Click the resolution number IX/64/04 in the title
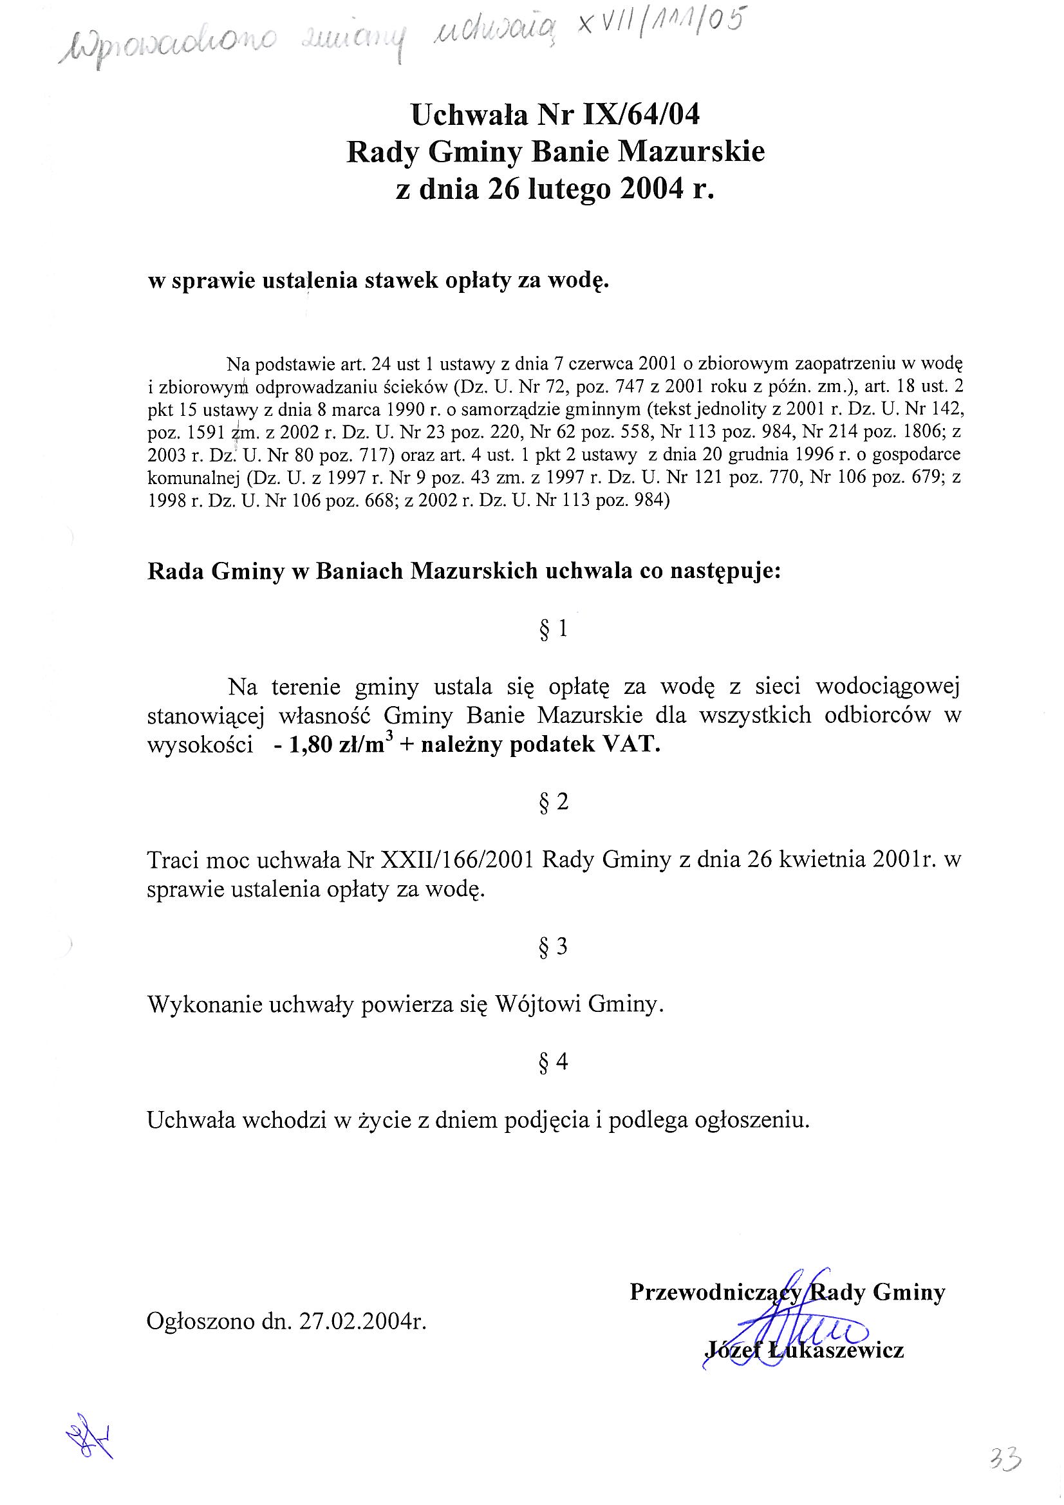click(x=628, y=115)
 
